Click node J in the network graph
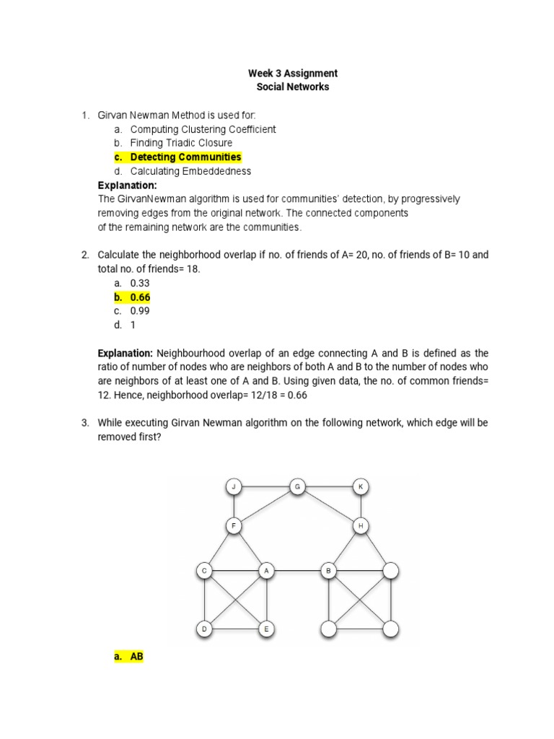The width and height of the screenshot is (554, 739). pyautogui.click(x=234, y=487)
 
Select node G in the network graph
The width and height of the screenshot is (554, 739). pyautogui.click(x=296, y=487)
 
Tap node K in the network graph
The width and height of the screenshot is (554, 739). pyautogui.click(x=361, y=487)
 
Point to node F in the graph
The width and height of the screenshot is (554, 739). pyautogui.click(x=234, y=527)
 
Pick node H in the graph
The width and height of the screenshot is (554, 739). pyautogui.click(x=361, y=527)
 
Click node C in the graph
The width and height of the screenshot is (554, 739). pyautogui.click(x=204, y=571)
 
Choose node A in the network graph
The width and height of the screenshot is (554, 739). pyautogui.click(x=266, y=571)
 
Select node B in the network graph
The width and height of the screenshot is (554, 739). pyautogui.click(x=328, y=571)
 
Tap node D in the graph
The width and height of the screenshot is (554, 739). pyautogui.click(x=204, y=629)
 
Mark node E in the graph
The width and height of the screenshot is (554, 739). pyautogui.click(x=266, y=629)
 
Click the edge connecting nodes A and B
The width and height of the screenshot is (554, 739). pyautogui.click(x=297, y=571)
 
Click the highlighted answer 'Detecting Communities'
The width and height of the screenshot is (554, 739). pyautogui.click(x=185, y=157)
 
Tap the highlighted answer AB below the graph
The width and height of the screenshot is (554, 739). pyautogui.click(x=137, y=657)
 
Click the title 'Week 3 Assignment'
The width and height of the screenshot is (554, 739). pyautogui.click(x=293, y=74)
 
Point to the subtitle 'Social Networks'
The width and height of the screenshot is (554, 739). pyautogui.click(x=293, y=87)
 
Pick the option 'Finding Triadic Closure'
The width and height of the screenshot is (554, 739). pyautogui.click(x=181, y=144)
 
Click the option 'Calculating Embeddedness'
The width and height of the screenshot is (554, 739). pyautogui.click(x=190, y=171)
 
